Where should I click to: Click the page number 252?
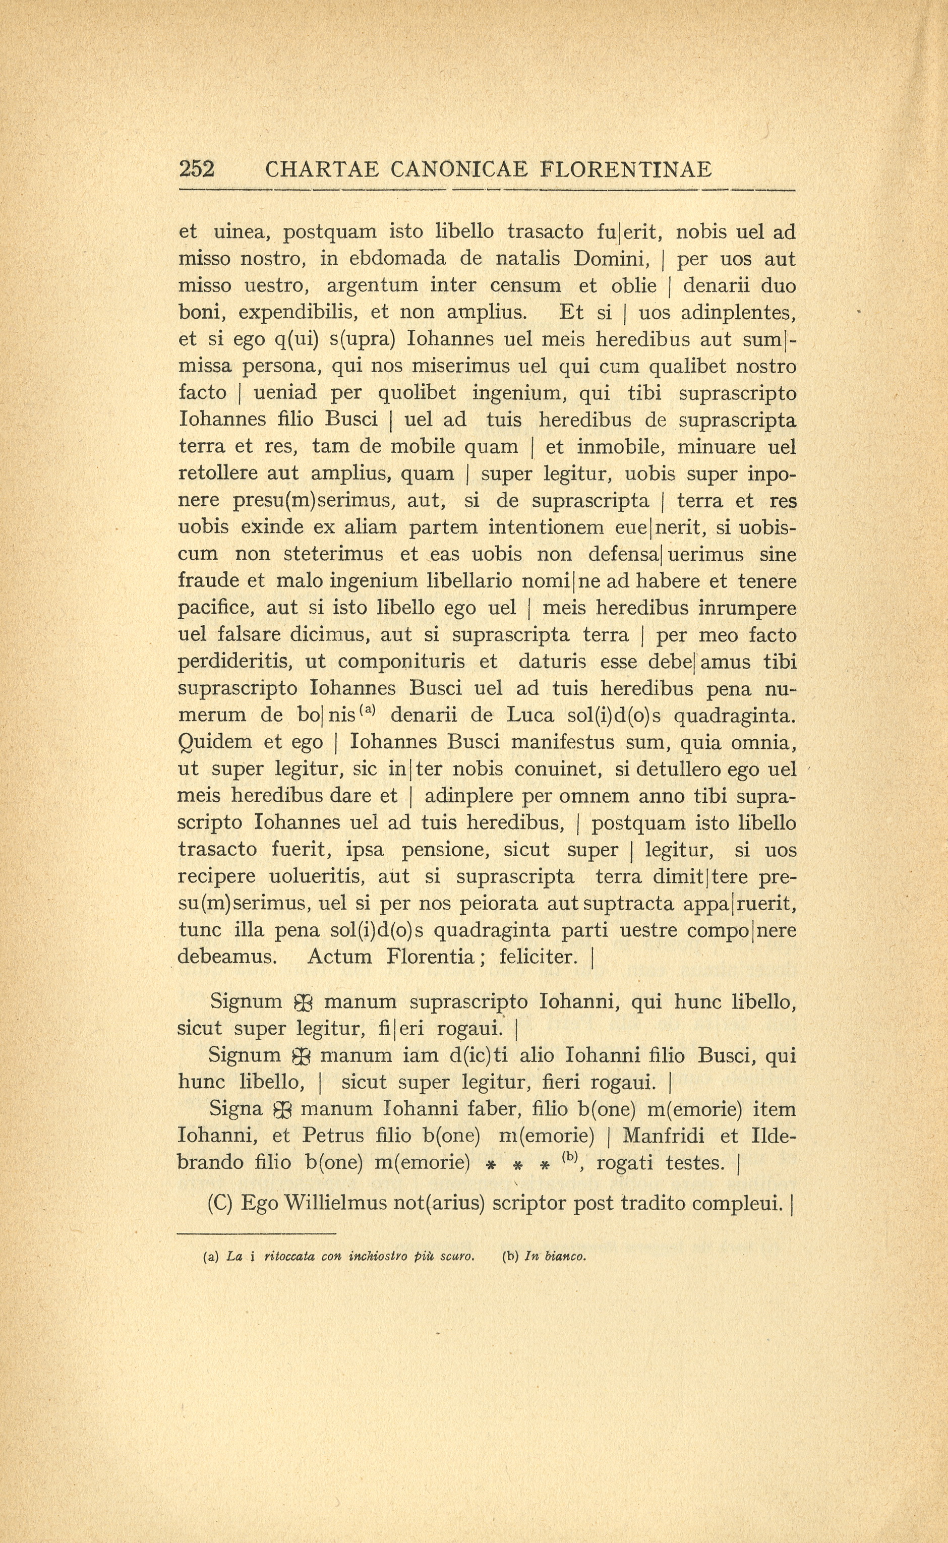coord(197,169)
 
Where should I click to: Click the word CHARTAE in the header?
coord(322,169)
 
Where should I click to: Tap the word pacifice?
coord(216,608)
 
